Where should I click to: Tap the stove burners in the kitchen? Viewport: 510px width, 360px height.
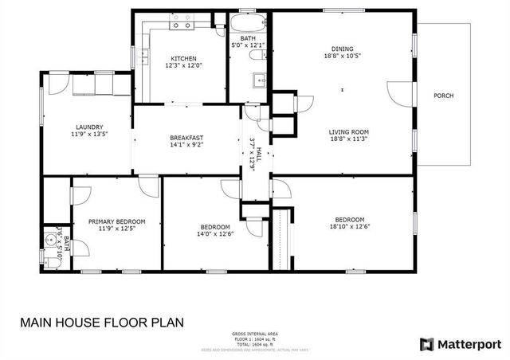pyautogui.click(x=181, y=25)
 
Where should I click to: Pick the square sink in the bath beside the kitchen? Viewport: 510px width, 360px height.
pyautogui.click(x=259, y=80)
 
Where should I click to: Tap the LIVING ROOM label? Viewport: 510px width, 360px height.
pyautogui.click(x=348, y=132)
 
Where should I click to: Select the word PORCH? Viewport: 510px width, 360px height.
pyautogui.click(x=443, y=96)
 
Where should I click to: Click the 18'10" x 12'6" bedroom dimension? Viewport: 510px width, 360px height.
pyautogui.click(x=349, y=228)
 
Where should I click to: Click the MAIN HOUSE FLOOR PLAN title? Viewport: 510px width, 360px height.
pyautogui.click(x=101, y=323)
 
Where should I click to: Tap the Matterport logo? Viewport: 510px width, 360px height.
pyautogui.click(x=461, y=344)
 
